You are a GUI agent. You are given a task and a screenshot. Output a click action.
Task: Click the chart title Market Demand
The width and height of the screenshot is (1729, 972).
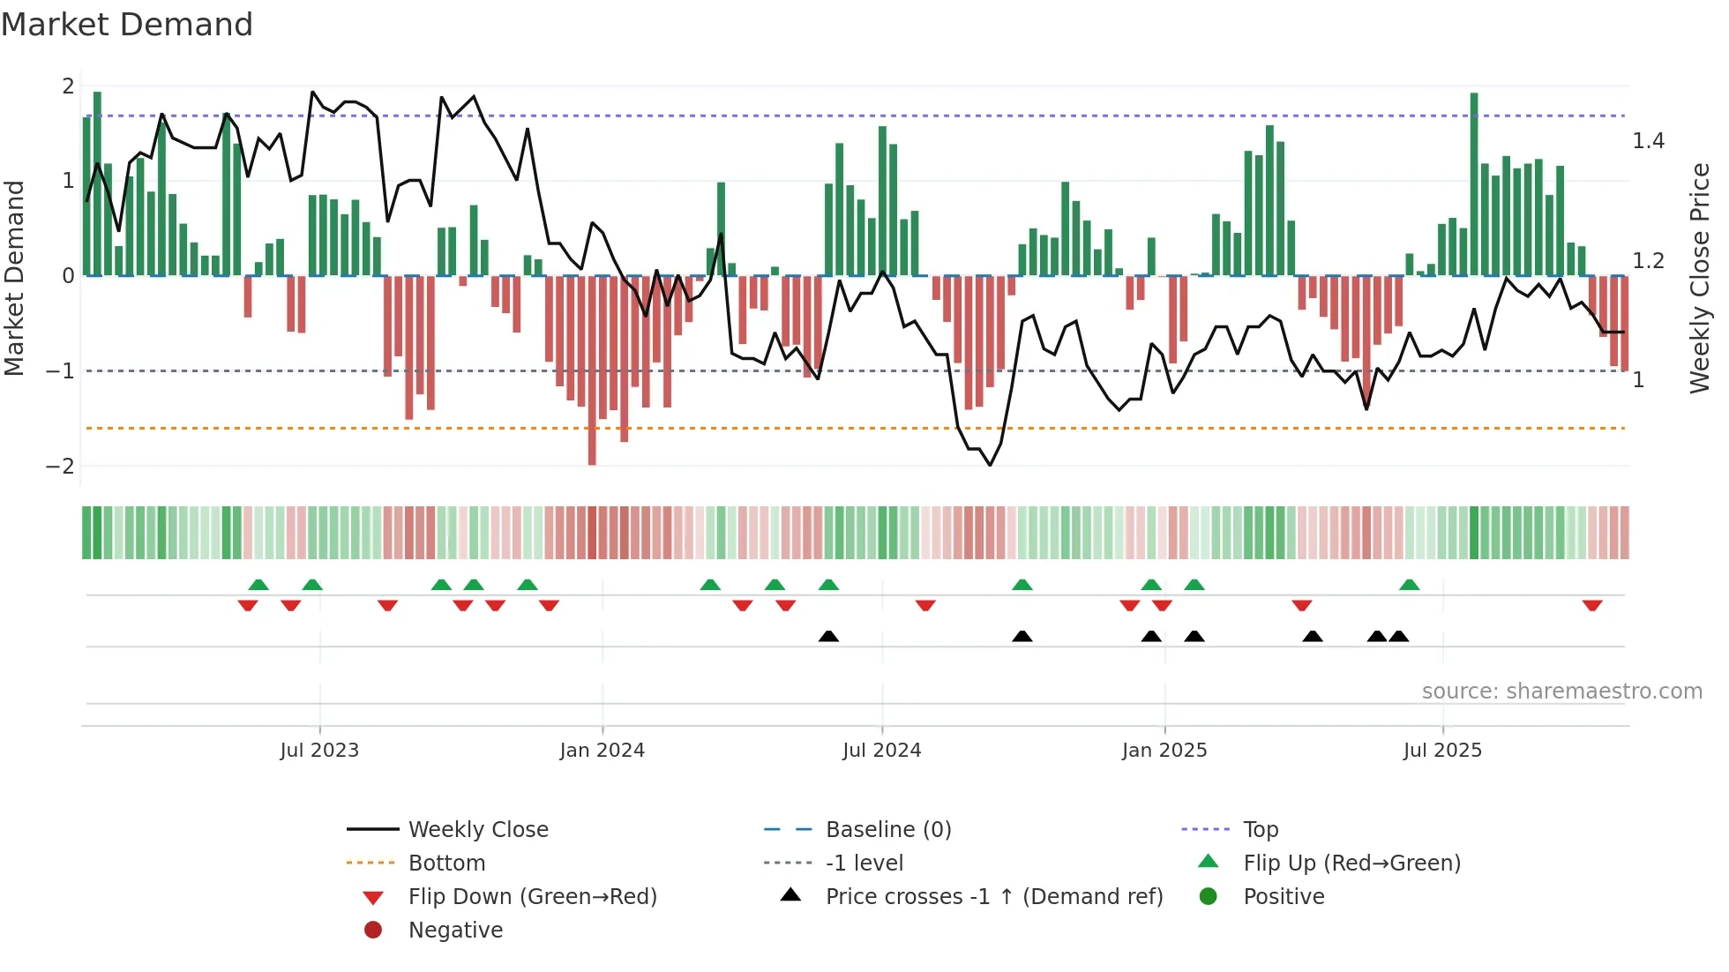(127, 25)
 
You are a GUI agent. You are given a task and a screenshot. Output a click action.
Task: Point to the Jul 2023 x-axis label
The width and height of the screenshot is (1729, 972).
(319, 751)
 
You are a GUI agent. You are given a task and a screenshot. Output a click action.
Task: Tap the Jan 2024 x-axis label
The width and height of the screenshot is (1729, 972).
(602, 751)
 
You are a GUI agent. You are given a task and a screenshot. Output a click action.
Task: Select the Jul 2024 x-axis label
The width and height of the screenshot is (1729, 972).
(881, 751)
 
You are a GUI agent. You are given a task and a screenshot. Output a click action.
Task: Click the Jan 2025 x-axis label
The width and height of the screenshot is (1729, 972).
(1164, 751)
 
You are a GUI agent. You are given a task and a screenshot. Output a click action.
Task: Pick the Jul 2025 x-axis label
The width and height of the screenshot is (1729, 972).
(1442, 751)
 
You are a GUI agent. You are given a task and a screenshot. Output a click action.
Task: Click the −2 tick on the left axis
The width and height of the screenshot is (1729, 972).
(60, 466)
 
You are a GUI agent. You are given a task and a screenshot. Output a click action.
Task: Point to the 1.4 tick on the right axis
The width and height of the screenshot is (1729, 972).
(1648, 141)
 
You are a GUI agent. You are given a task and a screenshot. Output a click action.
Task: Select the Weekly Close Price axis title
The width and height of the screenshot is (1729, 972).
(1699, 278)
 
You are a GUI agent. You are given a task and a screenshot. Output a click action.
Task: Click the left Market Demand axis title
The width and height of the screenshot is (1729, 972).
(14, 278)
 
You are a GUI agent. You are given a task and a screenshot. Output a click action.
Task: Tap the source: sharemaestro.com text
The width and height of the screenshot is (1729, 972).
(1561, 692)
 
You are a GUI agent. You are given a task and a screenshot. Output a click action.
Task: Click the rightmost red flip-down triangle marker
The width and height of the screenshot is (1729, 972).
(1591, 605)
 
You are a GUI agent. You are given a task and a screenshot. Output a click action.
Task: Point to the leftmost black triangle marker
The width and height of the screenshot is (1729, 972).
(828, 636)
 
